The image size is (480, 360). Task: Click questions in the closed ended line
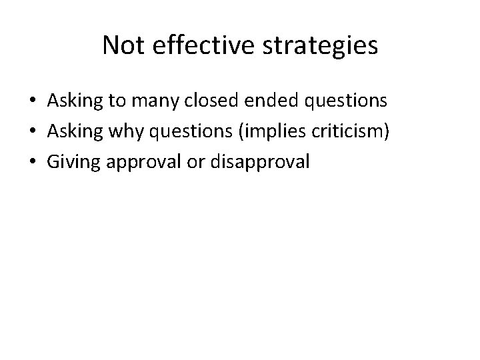345,101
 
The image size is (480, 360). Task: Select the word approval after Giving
145,162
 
